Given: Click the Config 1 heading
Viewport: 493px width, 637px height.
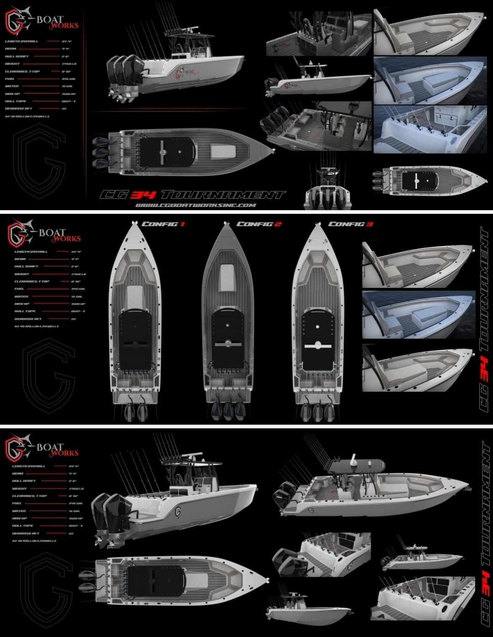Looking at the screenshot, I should (x=164, y=224).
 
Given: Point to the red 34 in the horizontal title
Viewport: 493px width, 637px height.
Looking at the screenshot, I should (x=143, y=195).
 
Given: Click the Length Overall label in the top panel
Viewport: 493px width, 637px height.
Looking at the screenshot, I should (x=22, y=41).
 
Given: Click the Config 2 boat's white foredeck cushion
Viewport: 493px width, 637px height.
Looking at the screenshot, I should (x=227, y=277).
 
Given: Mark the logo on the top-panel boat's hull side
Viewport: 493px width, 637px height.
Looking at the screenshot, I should (x=183, y=74).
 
